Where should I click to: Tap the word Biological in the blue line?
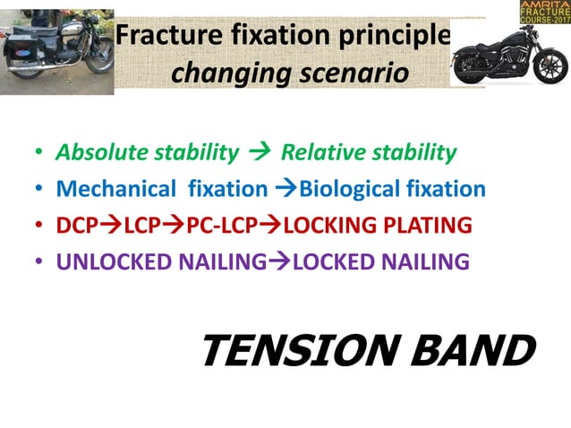[345, 189]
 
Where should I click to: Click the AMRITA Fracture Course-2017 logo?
[543, 13]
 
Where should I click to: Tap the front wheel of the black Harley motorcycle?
[472, 68]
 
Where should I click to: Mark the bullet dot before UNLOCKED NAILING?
[38, 262]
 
